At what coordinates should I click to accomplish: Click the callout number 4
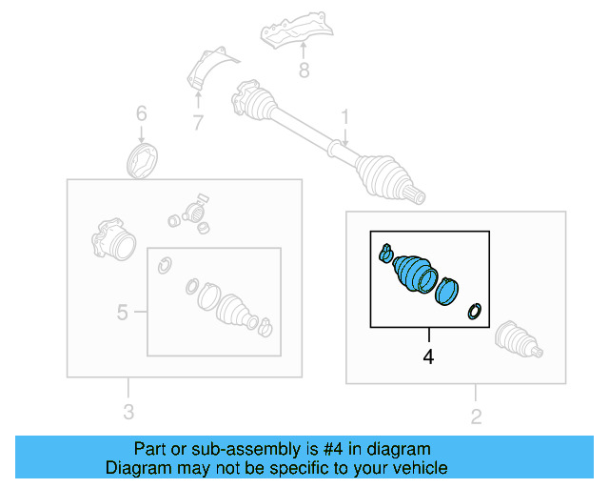point(428,357)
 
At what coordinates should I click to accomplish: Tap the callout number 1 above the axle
point(345,117)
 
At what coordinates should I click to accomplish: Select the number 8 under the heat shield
point(304,70)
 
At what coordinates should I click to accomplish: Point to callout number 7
point(197,122)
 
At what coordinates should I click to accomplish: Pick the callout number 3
point(128,412)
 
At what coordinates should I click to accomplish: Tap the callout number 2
point(476,416)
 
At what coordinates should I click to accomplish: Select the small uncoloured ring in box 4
point(474,311)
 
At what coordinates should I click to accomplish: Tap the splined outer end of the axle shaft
point(415,196)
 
